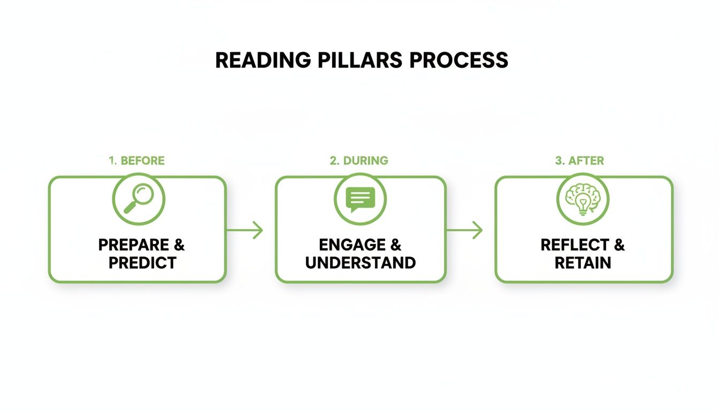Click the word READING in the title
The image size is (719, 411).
(x=263, y=60)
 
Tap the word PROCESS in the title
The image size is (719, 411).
(x=458, y=60)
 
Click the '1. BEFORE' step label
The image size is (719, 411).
(x=136, y=161)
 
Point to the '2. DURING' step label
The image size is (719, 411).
(x=359, y=161)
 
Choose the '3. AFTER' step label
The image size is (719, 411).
(x=579, y=161)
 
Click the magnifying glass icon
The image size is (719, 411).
(x=138, y=200)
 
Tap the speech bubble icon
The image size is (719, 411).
(x=360, y=200)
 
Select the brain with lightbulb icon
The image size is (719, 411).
(x=583, y=200)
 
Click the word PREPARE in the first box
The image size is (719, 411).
(x=133, y=245)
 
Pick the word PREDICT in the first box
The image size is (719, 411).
(x=142, y=263)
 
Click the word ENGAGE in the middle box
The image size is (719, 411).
(x=351, y=245)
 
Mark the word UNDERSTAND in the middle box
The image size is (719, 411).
(x=360, y=263)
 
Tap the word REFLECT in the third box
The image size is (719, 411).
(x=573, y=245)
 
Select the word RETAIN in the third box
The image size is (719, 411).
(x=583, y=263)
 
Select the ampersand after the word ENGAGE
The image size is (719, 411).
(x=395, y=245)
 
